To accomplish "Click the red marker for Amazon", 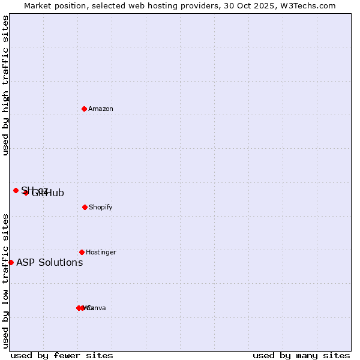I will coord(84,109).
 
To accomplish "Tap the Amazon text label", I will coord(101,109).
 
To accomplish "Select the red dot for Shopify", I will coord(85,207).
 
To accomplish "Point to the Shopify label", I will coord(101,208).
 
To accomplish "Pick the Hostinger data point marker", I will coord(82,252).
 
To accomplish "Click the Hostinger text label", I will coord(101,253).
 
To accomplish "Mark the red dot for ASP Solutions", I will coord(11,262).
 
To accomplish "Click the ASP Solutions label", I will coord(50,263).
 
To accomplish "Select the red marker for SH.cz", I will coord(16,190).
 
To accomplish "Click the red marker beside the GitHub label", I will coord(26,193).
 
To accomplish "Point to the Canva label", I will coord(97,308).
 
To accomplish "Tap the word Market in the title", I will coord(38,6).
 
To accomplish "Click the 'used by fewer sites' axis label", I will coord(62,355).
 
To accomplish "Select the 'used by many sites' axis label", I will coord(301,355).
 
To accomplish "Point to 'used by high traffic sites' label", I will coord(5,85).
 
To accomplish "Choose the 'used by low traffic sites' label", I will coord(5,281).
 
